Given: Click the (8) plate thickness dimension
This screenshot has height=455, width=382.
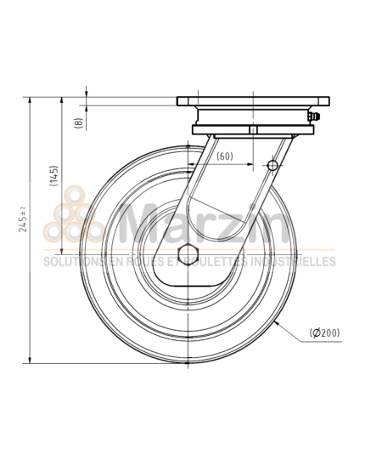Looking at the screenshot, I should pos(79,122).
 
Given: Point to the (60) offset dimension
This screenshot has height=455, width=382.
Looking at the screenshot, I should pos(224,156).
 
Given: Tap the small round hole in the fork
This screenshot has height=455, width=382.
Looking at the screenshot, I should pos(272,164).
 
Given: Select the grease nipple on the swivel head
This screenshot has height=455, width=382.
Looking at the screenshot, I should pos(317,117).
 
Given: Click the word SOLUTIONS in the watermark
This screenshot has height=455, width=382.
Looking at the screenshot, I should pos(70,262).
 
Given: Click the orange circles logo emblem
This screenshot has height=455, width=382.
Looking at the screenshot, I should pos(74,217).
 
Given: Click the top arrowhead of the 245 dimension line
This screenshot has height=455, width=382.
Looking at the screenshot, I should pos(31,100).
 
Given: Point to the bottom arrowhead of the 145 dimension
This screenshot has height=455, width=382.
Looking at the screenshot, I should pos(62,251).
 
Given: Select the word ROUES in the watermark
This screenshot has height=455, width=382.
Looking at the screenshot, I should pos(142,262).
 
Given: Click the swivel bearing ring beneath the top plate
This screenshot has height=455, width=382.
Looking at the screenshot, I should pos(250,130).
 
